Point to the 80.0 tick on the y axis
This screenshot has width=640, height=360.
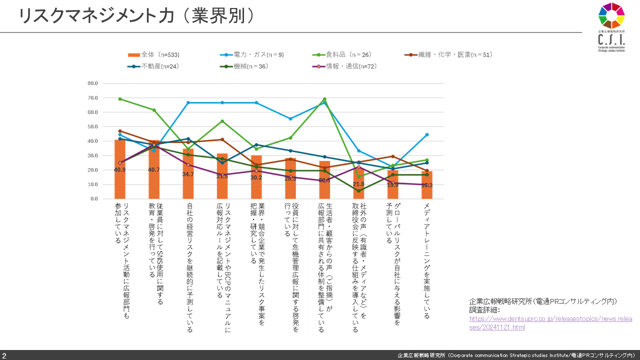pos(92,83)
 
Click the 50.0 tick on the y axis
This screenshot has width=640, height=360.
pos(92,127)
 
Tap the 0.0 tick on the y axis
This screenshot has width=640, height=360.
pos(94,199)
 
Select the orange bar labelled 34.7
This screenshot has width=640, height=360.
pos(188,175)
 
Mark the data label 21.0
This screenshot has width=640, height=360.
pos(358,184)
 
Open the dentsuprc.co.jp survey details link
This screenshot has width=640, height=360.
pos(550,322)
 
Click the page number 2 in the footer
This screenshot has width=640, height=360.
pos(4,355)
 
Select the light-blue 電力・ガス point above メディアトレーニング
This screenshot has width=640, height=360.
pos(426,134)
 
